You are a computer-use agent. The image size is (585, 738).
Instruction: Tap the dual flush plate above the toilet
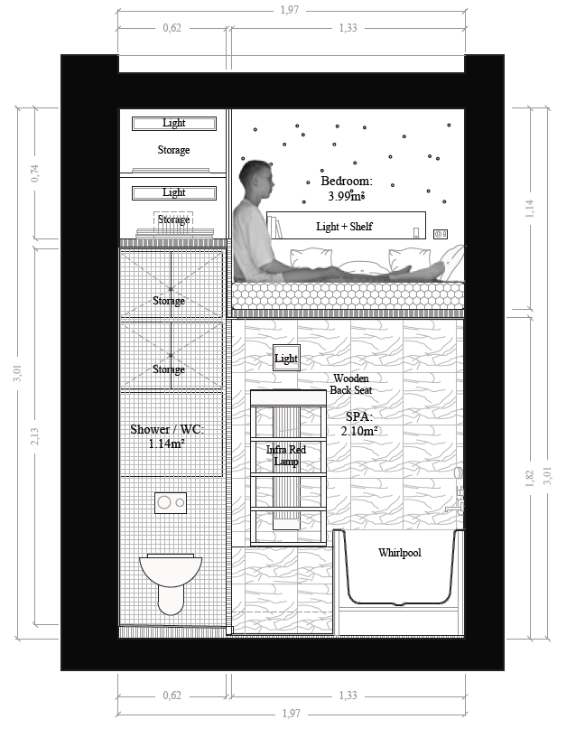click(171, 502)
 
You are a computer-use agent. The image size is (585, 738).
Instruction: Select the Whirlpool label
click(400, 553)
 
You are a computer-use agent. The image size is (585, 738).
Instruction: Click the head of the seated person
click(256, 180)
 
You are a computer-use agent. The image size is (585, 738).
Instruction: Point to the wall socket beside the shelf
click(441, 234)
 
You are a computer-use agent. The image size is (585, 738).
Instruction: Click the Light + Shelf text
click(344, 227)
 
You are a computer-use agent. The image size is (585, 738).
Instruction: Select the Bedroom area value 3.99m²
click(346, 196)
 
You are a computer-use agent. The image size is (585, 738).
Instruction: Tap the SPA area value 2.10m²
click(359, 431)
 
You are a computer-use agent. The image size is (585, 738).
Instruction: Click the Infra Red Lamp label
click(286, 455)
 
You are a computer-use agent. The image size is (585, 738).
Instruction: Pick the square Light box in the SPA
click(286, 359)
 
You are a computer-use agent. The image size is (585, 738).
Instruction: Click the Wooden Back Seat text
click(351, 384)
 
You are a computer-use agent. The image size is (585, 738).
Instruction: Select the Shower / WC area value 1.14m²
click(166, 444)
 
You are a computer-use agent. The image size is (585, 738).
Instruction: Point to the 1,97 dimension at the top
click(290, 10)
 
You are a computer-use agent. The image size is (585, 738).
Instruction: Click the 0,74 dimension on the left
click(35, 173)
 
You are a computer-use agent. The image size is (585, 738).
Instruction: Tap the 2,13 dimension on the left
click(35, 436)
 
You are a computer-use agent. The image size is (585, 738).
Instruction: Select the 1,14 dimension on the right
click(530, 209)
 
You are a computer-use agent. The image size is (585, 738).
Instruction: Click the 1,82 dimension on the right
click(530, 478)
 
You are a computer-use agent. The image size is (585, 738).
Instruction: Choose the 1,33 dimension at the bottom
click(348, 696)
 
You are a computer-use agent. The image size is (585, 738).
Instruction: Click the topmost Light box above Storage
click(174, 124)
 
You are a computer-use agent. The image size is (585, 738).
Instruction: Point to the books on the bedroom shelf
click(275, 228)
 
